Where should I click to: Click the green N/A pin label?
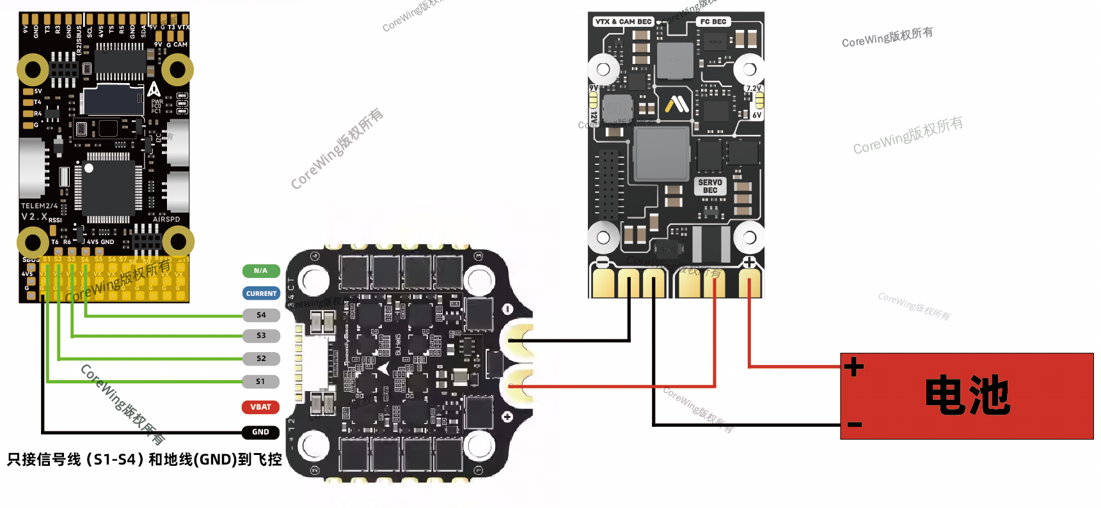261,271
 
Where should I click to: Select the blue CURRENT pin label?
261,294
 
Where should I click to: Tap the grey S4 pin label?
261,315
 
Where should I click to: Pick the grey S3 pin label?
261,335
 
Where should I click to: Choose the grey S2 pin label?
261,358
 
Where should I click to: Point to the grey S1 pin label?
261,381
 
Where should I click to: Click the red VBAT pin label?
260,407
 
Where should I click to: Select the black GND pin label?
260,432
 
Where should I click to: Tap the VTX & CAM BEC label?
623,22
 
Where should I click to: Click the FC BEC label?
713,22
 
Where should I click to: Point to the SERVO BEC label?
710,186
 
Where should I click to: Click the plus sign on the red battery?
854,367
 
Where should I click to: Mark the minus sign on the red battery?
855,424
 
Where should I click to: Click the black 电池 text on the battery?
967,396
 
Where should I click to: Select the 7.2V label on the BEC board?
753,89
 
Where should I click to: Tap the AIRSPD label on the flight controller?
166,219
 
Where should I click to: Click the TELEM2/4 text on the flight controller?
40,206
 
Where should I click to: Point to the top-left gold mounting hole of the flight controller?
33,70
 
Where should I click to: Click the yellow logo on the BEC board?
677,104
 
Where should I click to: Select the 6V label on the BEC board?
757,116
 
